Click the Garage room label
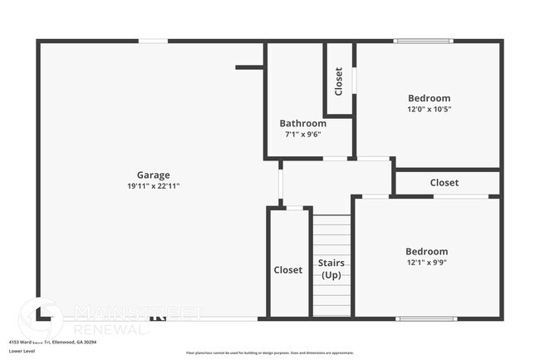(x=154, y=175)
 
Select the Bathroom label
(x=302, y=123)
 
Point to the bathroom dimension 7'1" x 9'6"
(x=302, y=134)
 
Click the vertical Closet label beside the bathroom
(x=338, y=81)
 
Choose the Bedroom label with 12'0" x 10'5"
(x=429, y=97)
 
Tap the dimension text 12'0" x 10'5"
(x=429, y=109)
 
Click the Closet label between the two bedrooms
(x=444, y=183)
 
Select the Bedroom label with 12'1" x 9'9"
(x=426, y=251)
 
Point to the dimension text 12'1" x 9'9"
(x=426, y=263)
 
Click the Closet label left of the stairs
(x=288, y=270)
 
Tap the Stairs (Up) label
(x=331, y=269)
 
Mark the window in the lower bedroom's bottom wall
(x=425, y=318)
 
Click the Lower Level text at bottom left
(x=22, y=351)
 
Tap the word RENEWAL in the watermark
(x=111, y=329)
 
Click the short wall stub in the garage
(x=249, y=67)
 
